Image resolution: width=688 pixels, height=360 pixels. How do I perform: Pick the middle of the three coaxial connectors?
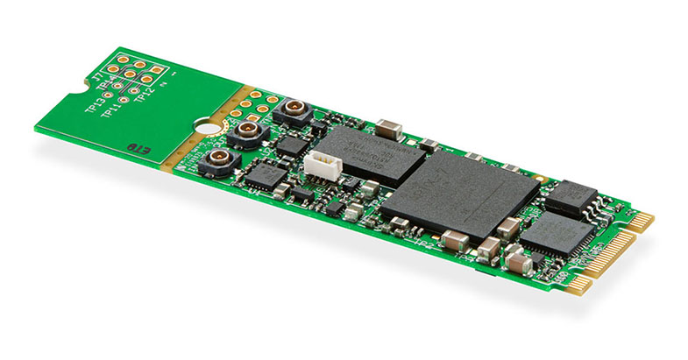pos(247,134)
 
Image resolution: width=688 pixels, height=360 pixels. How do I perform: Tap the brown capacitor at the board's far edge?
pos(390,129)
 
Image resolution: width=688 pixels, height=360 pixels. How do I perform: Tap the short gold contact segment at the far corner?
pos(642,222)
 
